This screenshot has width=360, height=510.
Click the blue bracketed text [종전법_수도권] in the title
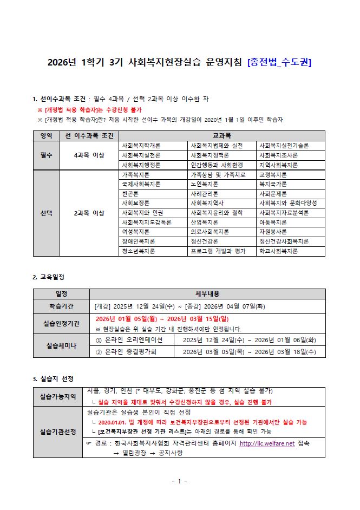click(x=279, y=62)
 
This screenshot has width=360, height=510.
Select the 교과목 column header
click(x=221, y=135)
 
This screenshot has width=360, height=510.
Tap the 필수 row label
click(x=46, y=155)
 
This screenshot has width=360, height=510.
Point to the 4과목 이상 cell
click(x=89, y=155)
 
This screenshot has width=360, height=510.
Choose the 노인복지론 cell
click(x=205, y=184)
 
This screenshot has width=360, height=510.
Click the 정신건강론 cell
click(x=205, y=241)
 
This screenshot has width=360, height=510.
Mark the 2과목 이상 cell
click(x=89, y=213)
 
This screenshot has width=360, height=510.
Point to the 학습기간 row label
click(x=61, y=306)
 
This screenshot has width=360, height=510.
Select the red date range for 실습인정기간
click(x=162, y=319)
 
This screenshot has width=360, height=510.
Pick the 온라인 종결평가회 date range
click(x=250, y=352)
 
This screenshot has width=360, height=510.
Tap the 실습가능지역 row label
click(x=57, y=397)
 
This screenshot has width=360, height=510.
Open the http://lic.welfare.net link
click(x=267, y=443)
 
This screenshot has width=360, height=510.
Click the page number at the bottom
click(x=179, y=481)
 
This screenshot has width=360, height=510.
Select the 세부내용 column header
click(x=207, y=294)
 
